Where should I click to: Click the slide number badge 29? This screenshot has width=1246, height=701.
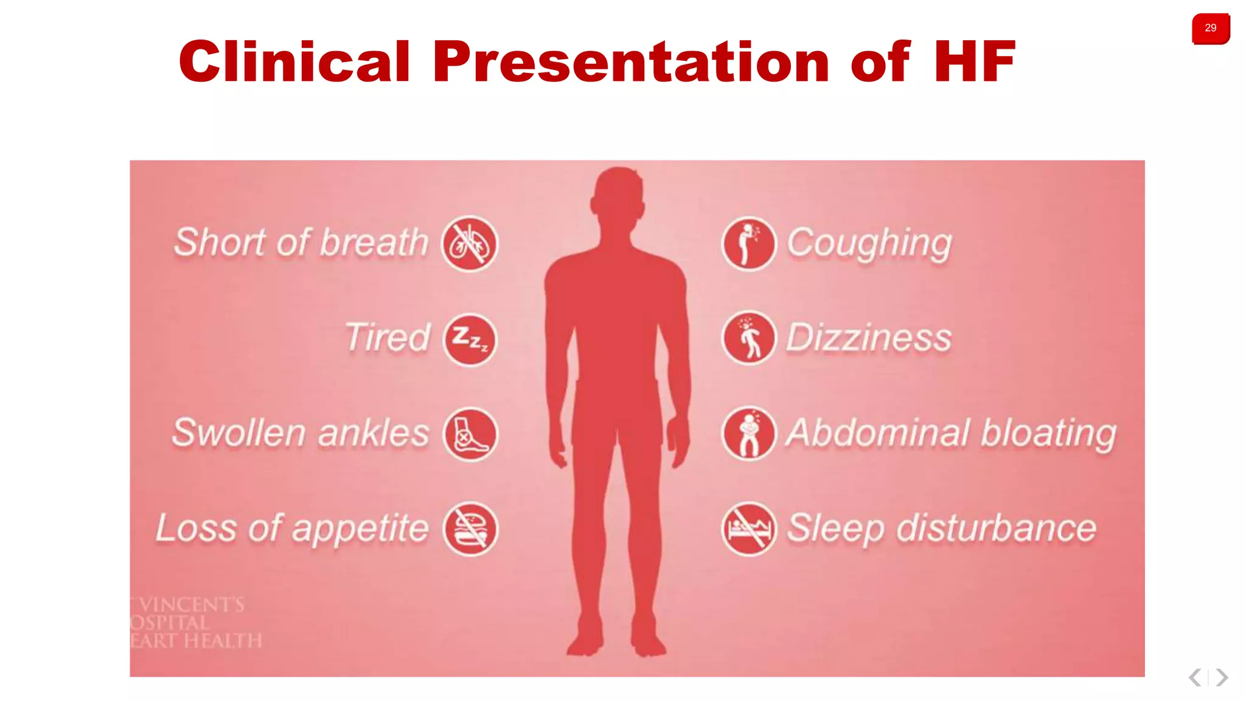[1210, 28]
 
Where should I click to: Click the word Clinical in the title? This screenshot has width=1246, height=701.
[294, 61]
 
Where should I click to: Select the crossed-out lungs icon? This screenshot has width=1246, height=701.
[469, 243]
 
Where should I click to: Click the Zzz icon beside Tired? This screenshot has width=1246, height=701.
[469, 339]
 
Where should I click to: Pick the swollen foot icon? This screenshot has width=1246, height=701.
[469, 434]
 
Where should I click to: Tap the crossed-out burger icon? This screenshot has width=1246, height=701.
[469, 529]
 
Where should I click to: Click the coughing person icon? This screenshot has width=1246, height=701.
[748, 243]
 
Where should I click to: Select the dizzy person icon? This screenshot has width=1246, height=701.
[748, 338]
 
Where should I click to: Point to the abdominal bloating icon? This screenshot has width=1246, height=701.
[748, 433]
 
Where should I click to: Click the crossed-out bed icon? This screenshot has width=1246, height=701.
[748, 529]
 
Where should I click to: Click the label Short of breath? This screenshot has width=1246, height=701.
[301, 242]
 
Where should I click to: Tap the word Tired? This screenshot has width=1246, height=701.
[388, 338]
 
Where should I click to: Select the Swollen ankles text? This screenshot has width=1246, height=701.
[301, 433]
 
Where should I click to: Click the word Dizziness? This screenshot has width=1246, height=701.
[869, 338]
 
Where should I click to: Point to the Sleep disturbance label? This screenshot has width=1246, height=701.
[941, 528]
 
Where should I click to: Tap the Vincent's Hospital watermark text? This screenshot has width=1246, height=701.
[195, 623]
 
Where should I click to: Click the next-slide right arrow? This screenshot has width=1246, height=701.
[1222, 677]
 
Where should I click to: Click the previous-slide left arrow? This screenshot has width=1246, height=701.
[1195, 677]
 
